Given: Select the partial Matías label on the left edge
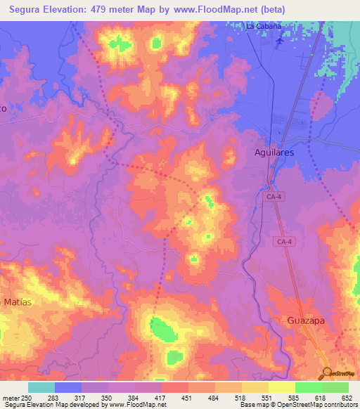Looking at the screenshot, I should tap(18, 301).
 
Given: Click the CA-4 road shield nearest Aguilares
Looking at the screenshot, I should tap(274, 199).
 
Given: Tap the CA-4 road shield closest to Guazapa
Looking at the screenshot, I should tap(281, 241).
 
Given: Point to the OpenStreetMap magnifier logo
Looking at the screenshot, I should tap(327, 373).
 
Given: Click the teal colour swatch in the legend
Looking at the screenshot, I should tap(41, 387).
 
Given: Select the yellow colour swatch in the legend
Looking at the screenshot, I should tap(281, 387).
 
